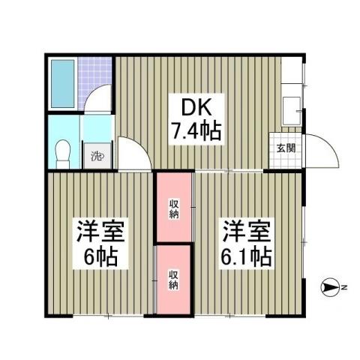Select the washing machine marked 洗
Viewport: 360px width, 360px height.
[x=96, y=156]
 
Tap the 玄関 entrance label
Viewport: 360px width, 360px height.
[x=286, y=147]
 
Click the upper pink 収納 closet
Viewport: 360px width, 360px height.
[x=174, y=208]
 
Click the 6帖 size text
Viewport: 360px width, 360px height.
[x=98, y=257]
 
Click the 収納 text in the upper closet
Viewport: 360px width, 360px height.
[x=174, y=208]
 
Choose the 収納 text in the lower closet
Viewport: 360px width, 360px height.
[x=174, y=279]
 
